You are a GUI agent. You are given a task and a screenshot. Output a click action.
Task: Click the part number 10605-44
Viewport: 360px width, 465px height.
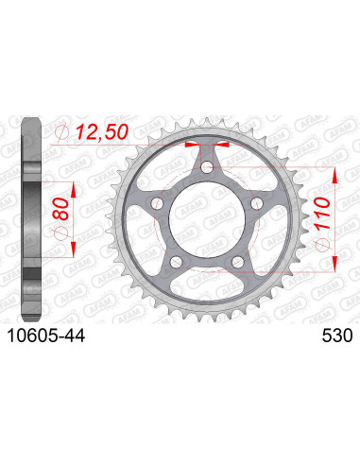pos(46,336)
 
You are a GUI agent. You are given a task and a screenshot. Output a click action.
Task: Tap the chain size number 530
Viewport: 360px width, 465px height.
pos(337,336)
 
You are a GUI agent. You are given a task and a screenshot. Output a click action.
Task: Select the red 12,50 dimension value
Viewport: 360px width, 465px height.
pos(102,131)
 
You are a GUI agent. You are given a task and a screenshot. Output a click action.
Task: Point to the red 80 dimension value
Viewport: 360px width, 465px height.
pos(60,209)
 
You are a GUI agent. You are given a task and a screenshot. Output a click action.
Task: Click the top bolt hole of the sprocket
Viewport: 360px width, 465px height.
pos(207,167)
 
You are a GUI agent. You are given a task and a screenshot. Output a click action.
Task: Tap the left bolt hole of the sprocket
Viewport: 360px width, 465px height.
pos(157,203)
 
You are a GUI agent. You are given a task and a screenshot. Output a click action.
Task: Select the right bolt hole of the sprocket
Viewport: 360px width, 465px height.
pos(257,203)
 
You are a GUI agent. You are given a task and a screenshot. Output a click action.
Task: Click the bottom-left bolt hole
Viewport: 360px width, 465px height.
pos(176,262)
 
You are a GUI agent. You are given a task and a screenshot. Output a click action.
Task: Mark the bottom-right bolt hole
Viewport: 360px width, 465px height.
pos(237,262)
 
